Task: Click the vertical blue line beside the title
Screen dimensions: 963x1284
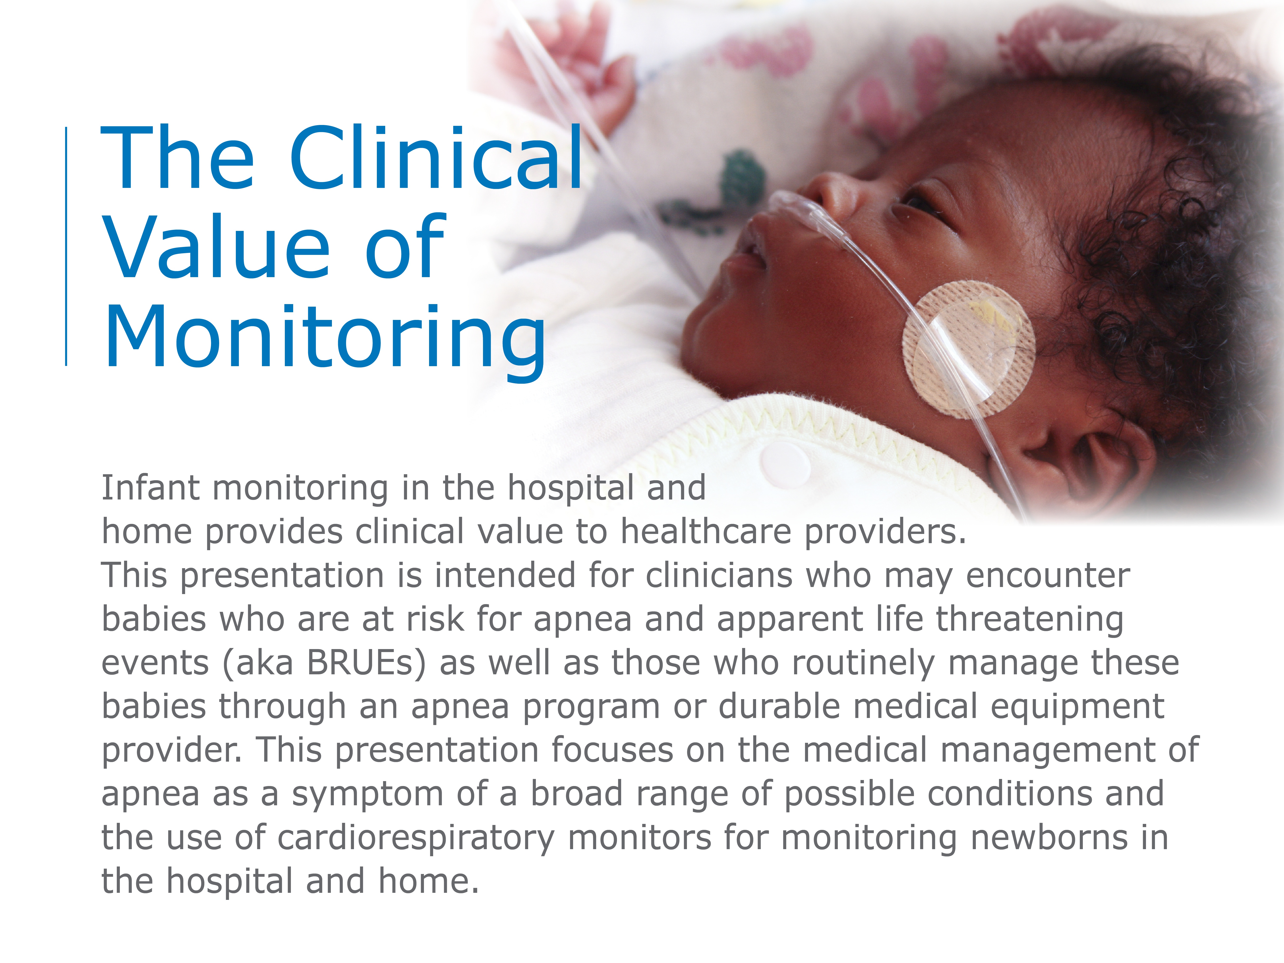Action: [x=66, y=247]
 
